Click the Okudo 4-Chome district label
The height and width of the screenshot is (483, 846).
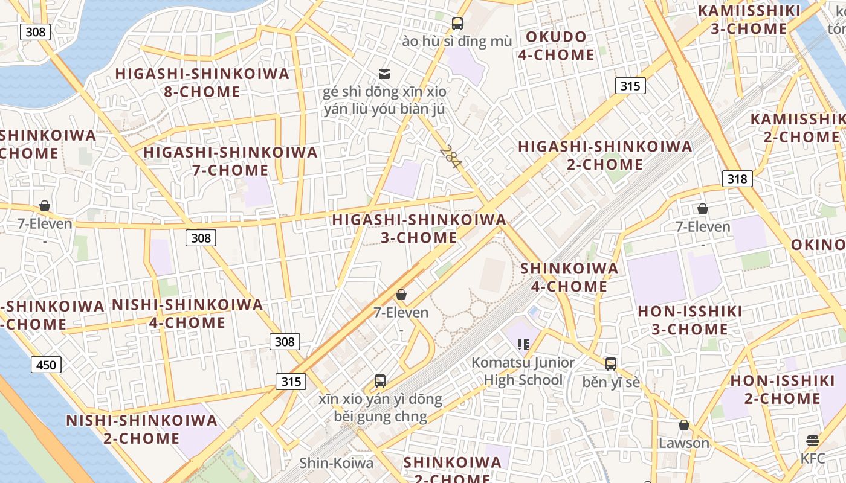point(556,46)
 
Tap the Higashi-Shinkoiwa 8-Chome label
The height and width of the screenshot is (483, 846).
point(202,83)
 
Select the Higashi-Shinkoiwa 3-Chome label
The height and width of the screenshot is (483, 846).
point(419,229)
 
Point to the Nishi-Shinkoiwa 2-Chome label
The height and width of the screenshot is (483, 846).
point(141,429)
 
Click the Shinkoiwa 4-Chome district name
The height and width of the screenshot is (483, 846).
point(569,277)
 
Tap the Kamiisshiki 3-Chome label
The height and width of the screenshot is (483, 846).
point(749,20)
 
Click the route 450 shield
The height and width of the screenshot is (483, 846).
point(46,365)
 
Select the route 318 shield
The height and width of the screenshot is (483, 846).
point(737,179)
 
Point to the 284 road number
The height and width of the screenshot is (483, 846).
point(450,157)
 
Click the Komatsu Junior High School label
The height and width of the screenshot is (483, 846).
point(523,371)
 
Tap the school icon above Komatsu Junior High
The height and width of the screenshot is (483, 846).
point(523,344)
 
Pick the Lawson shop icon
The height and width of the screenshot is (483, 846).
point(684,425)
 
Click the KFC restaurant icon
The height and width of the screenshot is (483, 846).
point(813,440)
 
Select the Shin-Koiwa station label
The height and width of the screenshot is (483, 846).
point(337,463)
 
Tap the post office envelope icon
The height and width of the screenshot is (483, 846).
point(384,74)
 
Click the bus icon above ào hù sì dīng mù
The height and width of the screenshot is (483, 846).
point(457,24)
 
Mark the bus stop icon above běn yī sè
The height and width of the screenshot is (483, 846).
point(611,364)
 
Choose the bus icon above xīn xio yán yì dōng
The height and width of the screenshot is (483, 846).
point(380,381)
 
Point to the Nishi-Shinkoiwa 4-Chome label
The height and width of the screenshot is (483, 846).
point(187,313)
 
